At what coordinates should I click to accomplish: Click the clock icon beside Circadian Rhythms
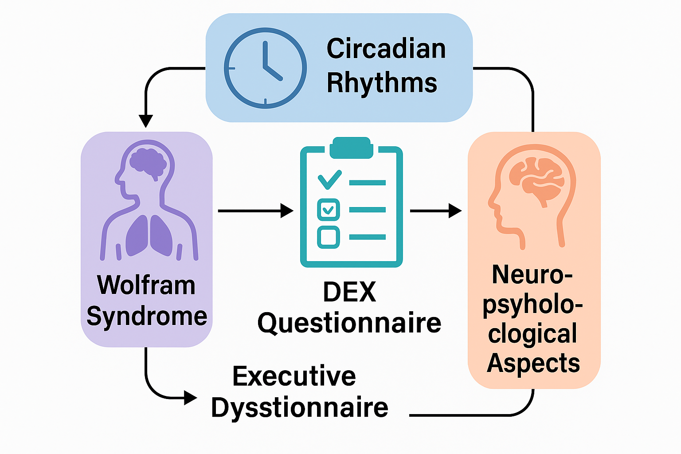[265, 68]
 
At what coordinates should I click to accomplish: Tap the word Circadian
[386, 49]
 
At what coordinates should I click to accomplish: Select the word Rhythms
[382, 82]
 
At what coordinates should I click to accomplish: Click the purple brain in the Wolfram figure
[148, 162]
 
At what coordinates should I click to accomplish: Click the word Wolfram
[146, 285]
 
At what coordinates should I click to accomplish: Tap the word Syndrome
[147, 316]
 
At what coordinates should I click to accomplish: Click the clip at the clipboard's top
[350, 147]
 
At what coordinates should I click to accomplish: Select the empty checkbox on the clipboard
[329, 237]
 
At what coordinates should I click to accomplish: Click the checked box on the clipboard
[329, 210]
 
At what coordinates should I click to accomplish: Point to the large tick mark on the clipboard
[330, 179]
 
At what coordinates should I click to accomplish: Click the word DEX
[349, 292]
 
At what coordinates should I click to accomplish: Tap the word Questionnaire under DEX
[349, 323]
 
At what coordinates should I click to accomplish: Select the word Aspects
[533, 364]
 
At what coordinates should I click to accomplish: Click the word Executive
[294, 376]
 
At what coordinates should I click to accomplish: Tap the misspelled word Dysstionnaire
[299, 407]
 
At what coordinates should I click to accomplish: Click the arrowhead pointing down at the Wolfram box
[145, 121]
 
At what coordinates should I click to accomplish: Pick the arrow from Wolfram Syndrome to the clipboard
[255, 211]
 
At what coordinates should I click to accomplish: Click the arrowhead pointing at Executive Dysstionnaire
[191, 398]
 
